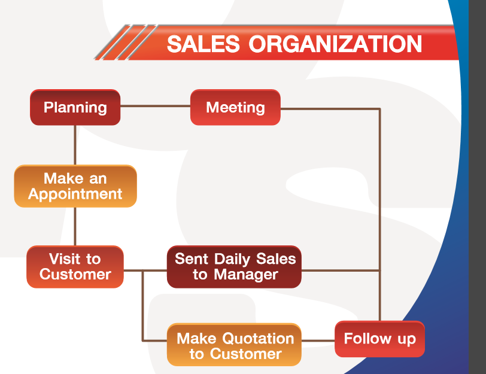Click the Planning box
click(x=75, y=107)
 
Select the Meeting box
click(x=235, y=107)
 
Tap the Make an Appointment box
click(x=75, y=186)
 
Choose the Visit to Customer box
click(x=75, y=267)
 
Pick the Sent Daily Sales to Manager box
click(x=234, y=267)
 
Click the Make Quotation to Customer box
click(x=234, y=345)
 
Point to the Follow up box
click(x=379, y=339)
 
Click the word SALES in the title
click(x=203, y=44)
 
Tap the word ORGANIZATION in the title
click(x=335, y=44)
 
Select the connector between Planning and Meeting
click(x=155, y=106)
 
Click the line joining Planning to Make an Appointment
click(x=75, y=145)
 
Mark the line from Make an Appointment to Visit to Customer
click(x=75, y=227)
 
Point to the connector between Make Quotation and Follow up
click(x=318, y=340)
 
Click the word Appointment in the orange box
click(x=75, y=194)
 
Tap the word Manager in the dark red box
click(x=246, y=275)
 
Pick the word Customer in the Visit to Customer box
click(x=75, y=275)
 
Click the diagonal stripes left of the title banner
click(x=126, y=42)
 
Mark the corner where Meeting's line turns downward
click(x=379, y=109)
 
